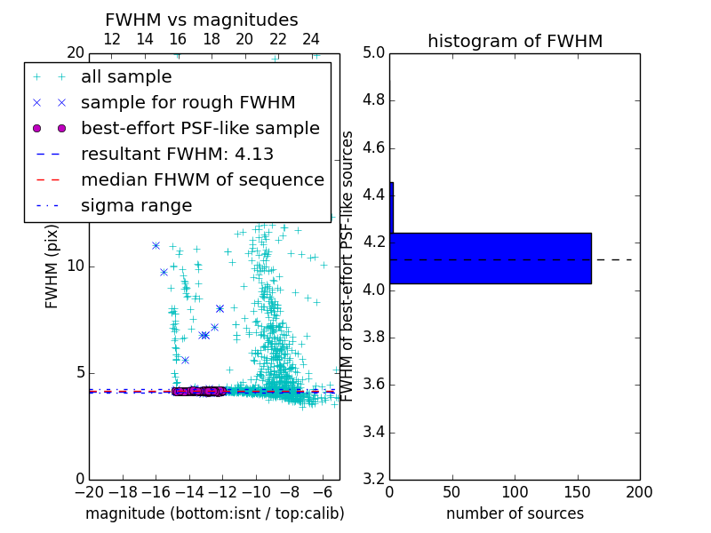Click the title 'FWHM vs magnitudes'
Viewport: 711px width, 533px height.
tap(201, 20)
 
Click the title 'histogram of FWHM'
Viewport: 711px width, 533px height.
tap(515, 41)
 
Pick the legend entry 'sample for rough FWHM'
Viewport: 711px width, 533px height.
tap(188, 102)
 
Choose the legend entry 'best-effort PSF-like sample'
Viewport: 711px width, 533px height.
tap(200, 128)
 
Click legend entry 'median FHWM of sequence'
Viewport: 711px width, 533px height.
tap(202, 179)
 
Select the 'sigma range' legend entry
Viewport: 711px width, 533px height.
tap(136, 205)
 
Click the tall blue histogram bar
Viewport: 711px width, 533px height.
tap(491, 258)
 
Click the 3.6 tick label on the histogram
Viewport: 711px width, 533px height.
tap(373, 385)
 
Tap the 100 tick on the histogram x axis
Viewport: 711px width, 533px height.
tap(515, 492)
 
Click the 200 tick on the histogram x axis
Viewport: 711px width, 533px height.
tap(639, 492)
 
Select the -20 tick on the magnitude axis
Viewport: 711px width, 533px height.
tap(89, 492)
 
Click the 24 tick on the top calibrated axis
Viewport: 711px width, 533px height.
tap(311, 39)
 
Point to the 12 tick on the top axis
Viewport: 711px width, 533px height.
tap(112, 39)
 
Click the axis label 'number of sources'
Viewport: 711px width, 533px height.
tap(515, 513)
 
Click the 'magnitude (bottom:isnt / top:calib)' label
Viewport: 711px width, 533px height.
tap(214, 513)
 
